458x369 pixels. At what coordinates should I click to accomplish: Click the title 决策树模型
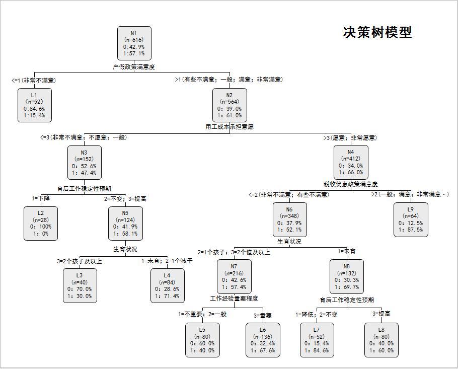click(377, 33)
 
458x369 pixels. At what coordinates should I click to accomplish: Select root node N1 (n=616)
click(134, 43)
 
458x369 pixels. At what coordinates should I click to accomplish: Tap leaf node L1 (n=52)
click(34, 105)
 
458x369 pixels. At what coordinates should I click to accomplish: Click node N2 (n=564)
click(230, 105)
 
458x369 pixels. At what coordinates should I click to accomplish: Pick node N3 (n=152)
click(84, 163)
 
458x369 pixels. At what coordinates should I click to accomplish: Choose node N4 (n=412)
click(351, 162)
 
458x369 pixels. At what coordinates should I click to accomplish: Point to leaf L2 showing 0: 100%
click(40, 223)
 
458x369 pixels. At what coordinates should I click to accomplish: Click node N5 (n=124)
click(125, 223)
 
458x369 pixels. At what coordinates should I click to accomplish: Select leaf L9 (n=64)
click(411, 219)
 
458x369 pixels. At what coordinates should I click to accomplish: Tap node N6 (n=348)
click(289, 219)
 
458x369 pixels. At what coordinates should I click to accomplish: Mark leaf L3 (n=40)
click(80, 285)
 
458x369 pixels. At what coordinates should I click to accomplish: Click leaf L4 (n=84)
click(167, 285)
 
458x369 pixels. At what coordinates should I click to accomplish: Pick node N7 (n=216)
click(234, 276)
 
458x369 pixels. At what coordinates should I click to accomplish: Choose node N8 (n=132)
click(347, 276)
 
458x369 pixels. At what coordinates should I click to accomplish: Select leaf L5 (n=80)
click(202, 340)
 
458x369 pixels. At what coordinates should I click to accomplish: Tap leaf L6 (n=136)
click(263, 340)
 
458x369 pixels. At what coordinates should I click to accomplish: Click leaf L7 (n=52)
click(317, 340)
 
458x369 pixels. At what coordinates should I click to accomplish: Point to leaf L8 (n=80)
click(381, 340)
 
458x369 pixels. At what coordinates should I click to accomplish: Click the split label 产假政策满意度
click(134, 66)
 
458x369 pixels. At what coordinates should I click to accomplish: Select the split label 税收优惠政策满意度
click(351, 184)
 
